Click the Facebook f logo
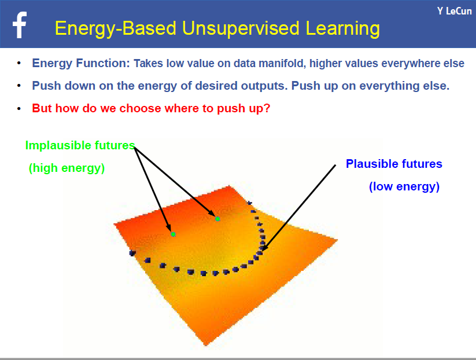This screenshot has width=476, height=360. click(20, 25)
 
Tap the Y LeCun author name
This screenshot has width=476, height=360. click(455, 11)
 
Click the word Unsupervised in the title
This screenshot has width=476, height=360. click(241, 28)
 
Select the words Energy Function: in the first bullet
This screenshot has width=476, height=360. click(81, 63)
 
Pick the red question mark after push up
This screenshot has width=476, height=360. click(267, 108)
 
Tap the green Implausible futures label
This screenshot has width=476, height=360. click(80, 145)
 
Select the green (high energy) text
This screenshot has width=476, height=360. click(67, 168)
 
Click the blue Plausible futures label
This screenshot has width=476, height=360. click(394, 164)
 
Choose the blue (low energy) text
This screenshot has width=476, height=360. click(404, 186)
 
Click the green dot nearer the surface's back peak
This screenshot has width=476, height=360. click(217, 219)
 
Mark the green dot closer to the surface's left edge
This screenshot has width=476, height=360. click(173, 234)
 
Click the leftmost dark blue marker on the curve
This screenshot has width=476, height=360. click(132, 253)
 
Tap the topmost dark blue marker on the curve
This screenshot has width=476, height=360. click(249, 203)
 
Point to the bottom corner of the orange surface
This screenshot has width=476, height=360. click(206, 346)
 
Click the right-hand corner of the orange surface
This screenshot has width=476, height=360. click(337, 240)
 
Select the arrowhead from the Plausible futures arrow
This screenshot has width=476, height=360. click(264, 248)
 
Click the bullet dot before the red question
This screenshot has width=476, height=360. click(19, 108)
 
